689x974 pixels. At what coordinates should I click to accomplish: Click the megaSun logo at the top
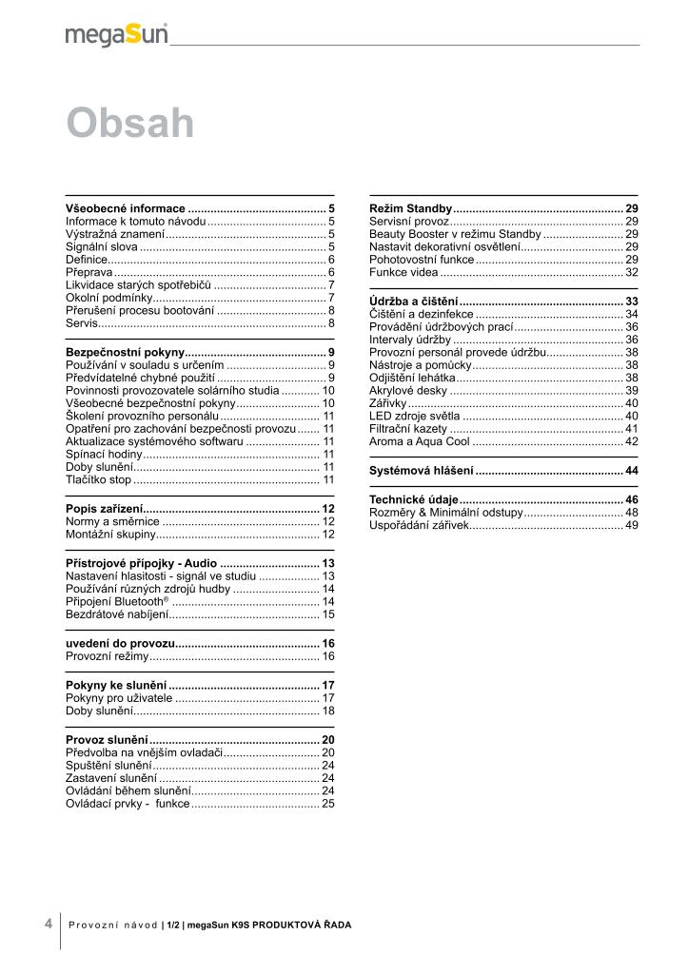116,34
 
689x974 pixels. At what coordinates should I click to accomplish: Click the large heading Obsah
130,124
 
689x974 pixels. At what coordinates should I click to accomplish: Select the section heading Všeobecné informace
126,208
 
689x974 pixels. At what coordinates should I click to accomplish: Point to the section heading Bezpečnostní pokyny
125,352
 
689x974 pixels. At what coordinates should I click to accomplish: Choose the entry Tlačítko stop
98,480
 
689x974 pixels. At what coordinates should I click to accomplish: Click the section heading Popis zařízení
105,509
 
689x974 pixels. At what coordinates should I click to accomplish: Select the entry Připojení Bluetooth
117,602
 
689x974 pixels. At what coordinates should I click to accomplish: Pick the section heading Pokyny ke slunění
116,685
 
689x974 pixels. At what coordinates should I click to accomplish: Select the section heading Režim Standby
410,208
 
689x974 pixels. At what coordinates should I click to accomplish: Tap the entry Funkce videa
404,272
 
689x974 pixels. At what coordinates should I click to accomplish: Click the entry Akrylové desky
407,390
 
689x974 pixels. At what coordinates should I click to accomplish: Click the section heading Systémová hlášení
421,471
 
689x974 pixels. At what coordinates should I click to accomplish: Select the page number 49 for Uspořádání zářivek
631,525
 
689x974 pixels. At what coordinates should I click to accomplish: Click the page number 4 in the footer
48,923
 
